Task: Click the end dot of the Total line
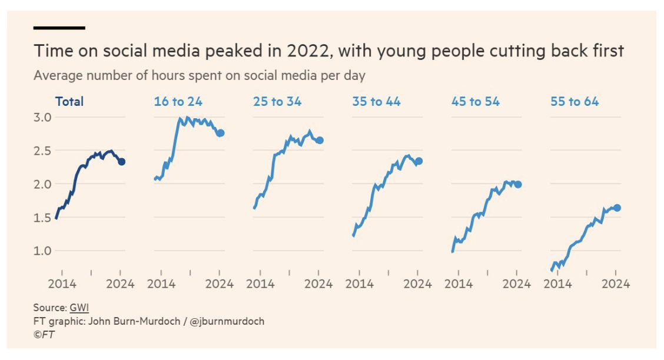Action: (121, 162)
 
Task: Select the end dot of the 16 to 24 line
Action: (220, 133)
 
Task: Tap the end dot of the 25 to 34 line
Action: (320, 140)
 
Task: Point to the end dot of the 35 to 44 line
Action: (419, 161)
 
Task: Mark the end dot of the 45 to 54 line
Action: (518, 184)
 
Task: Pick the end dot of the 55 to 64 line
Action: (617, 208)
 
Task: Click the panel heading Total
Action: (69, 102)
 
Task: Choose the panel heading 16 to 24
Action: (178, 102)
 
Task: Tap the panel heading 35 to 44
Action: (376, 102)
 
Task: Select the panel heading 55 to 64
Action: (575, 102)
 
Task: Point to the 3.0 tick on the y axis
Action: (42, 117)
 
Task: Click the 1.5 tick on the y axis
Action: (42, 218)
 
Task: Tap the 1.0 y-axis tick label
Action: (42, 251)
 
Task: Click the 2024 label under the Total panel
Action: (120, 284)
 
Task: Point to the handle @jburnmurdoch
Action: (227, 321)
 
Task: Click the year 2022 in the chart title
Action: (310, 51)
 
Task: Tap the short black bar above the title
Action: (59, 28)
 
